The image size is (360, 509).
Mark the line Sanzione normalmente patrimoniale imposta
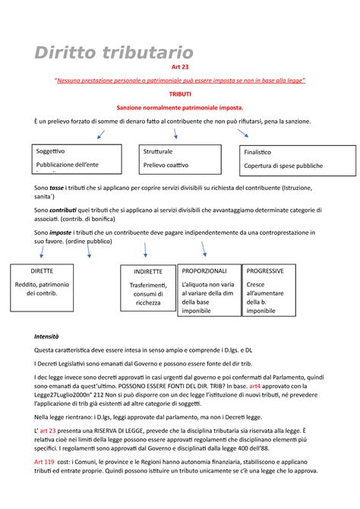[180, 109]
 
